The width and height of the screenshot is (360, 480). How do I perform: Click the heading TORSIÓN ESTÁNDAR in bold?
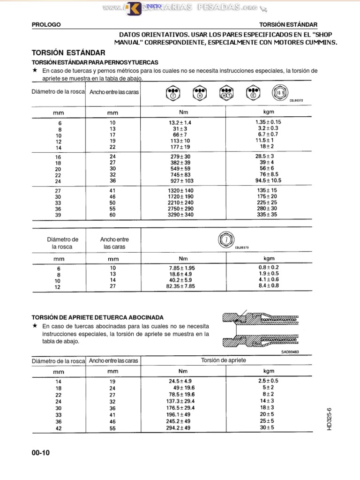point(68,53)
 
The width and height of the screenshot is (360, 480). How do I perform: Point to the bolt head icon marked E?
point(254,92)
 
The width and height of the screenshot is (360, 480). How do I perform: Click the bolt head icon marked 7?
point(226,240)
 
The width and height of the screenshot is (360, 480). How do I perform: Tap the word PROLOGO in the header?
point(45,24)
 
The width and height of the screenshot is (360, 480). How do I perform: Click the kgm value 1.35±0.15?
point(269,122)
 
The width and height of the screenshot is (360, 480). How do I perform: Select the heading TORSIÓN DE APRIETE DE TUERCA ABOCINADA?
point(97,317)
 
